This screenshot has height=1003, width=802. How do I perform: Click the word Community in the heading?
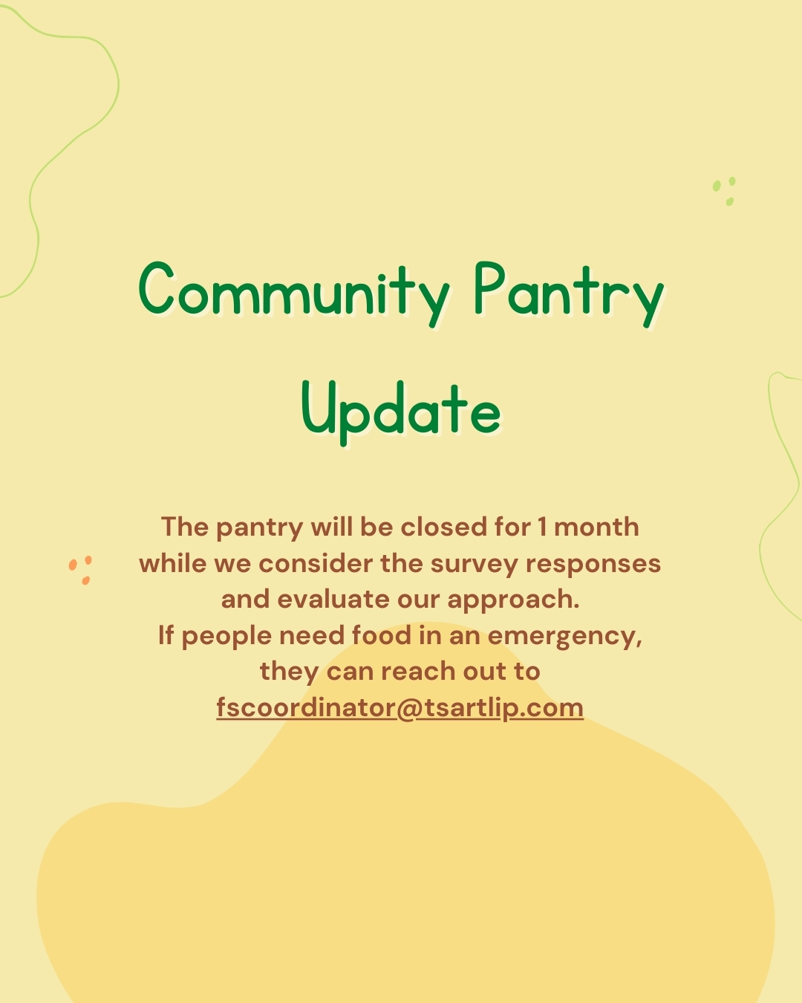pyautogui.click(x=293, y=293)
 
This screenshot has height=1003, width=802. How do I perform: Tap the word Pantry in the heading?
pyautogui.click(x=569, y=293)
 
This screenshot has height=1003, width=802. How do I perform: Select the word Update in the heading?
pyautogui.click(x=401, y=413)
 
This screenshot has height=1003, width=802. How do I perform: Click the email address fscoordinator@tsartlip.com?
pyautogui.click(x=400, y=709)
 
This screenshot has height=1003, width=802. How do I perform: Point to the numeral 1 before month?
pyautogui.click(x=542, y=528)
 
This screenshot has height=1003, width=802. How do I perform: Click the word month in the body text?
pyautogui.click(x=596, y=528)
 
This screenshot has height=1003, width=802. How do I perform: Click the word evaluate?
pyautogui.click(x=333, y=600)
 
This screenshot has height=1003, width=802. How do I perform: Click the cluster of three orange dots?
pyautogui.click(x=80, y=570)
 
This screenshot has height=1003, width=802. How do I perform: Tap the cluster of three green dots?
pyautogui.click(x=724, y=191)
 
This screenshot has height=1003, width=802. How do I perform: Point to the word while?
pyautogui.click(x=173, y=563)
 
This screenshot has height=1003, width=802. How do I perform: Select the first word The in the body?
pyautogui.click(x=185, y=528)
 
